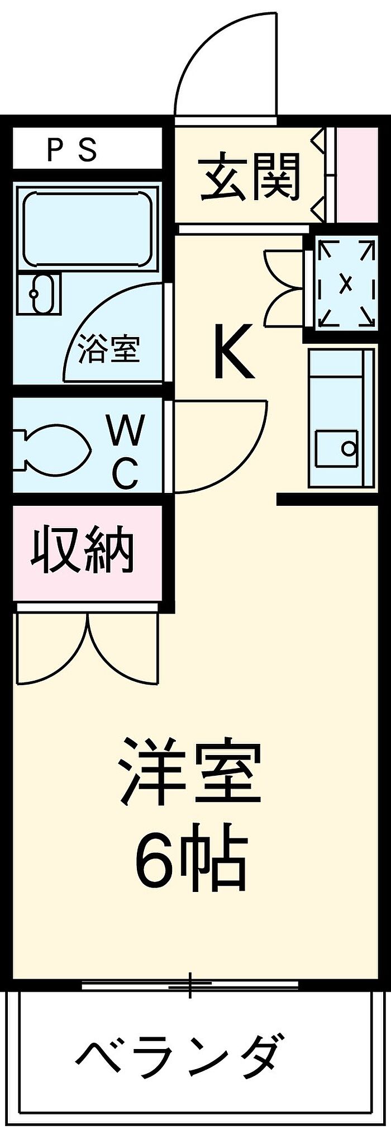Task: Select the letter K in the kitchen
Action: tap(233, 353)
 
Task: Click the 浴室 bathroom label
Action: tap(108, 349)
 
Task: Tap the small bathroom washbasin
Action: tap(37, 293)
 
